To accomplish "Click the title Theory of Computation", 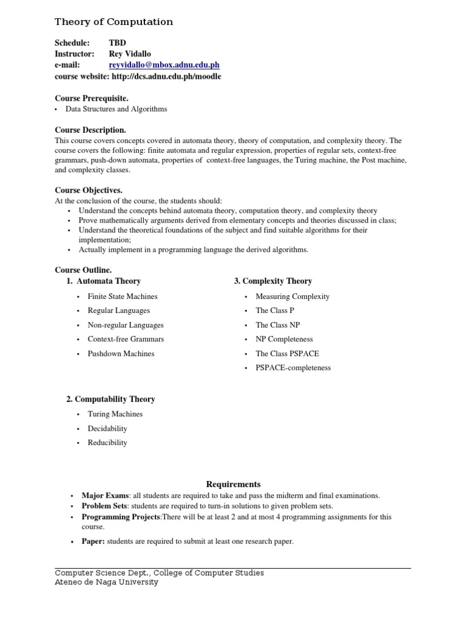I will (113, 22).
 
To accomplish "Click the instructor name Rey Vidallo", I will (130, 54).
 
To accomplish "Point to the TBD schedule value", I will (116, 43).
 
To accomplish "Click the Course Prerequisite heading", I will (92, 98).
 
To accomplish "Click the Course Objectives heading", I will (89, 190).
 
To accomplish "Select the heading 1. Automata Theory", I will (103, 281).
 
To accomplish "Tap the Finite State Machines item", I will (123, 297).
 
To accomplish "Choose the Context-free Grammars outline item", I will (126, 339).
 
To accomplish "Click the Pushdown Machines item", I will (121, 354).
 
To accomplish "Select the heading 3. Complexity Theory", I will (273, 281).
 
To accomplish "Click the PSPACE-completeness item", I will (293, 368).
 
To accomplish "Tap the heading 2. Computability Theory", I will (110, 399).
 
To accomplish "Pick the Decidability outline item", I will (107, 428).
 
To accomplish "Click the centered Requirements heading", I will (233, 484).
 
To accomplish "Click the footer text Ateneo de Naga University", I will (106, 582).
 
